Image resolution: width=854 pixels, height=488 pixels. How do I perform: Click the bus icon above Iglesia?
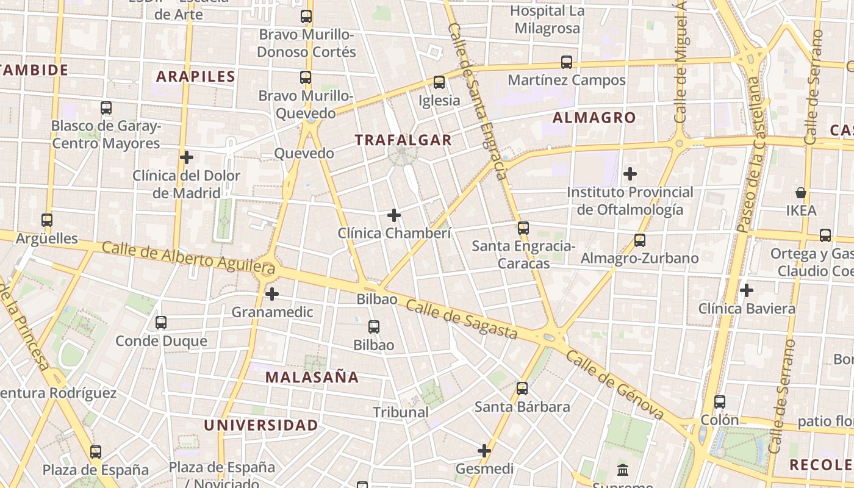pos(439,82)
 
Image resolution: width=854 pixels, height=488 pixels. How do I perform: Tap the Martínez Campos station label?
pos(567,80)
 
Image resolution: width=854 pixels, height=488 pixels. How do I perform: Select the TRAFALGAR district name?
pos(403,140)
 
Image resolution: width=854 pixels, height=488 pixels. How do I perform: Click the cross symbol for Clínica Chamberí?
pos(394,215)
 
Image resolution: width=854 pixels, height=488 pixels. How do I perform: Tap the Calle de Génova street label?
pos(615,385)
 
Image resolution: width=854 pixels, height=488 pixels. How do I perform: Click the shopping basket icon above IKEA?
pos(801,193)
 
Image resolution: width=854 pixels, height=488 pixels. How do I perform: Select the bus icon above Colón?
pos(720,402)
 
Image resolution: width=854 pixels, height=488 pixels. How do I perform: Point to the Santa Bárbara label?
pos(522,407)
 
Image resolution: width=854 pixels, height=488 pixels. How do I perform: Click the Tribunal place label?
pos(401,412)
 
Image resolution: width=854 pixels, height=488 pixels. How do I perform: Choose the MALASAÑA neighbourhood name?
pos(312,377)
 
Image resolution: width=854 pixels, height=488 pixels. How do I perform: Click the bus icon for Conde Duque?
pos(161,323)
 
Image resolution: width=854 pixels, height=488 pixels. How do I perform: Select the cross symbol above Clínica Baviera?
pos(746,290)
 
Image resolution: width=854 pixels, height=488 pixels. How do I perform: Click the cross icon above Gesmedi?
pos(484,451)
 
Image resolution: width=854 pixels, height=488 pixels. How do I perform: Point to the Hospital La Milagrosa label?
pos(547,20)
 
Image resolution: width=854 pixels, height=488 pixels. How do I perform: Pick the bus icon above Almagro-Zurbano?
pos(639,240)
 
